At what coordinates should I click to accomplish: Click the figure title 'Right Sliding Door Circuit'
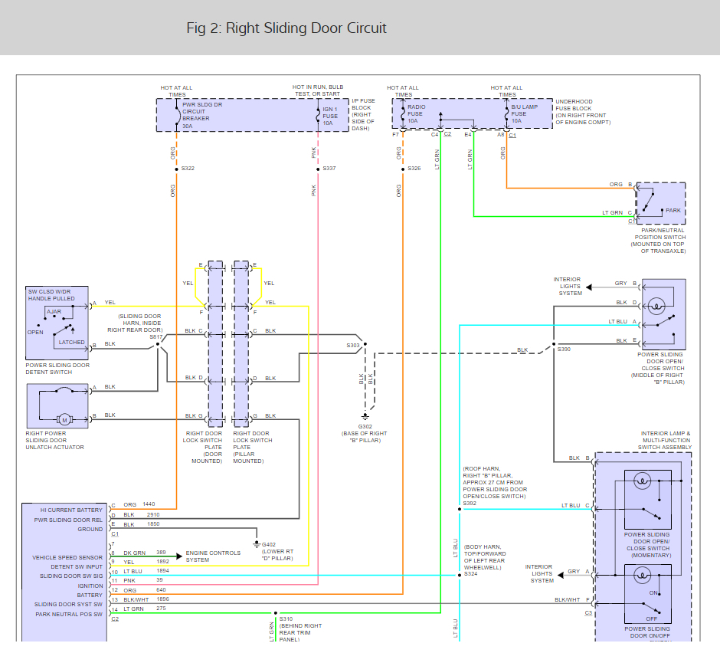pyautogui.click(x=306, y=28)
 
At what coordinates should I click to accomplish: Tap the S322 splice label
pyautogui.click(x=188, y=169)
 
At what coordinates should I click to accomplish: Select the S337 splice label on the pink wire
pyautogui.click(x=329, y=169)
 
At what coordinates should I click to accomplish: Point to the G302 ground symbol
pyautogui.click(x=365, y=416)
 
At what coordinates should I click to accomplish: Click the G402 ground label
pyautogui.click(x=269, y=544)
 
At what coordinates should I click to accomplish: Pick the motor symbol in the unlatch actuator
pyautogui.click(x=64, y=419)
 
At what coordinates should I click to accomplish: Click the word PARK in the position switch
pyautogui.click(x=673, y=211)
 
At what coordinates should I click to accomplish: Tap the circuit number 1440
pyautogui.click(x=149, y=504)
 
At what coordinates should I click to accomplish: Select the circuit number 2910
pyautogui.click(x=153, y=515)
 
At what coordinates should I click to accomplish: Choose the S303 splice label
pyautogui.click(x=353, y=346)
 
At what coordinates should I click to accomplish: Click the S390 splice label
pyautogui.click(x=564, y=349)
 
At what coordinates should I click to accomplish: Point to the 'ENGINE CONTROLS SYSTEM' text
pyautogui.click(x=213, y=556)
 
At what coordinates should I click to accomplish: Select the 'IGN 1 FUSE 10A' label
pyautogui.click(x=329, y=116)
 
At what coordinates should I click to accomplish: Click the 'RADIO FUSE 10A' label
pyautogui.click(x=417, y=114)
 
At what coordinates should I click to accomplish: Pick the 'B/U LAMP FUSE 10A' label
pyautogui.click(x=525, y=114)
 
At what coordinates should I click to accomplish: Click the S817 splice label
pyautogui.click(x=156, y=336)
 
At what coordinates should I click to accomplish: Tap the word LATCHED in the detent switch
pyautogui.click(x=72, y=343)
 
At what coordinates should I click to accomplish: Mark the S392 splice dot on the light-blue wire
pyautogui.click(x=460, y=509)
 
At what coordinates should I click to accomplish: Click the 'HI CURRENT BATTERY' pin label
pyautogui.click(x=71, y=510)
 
